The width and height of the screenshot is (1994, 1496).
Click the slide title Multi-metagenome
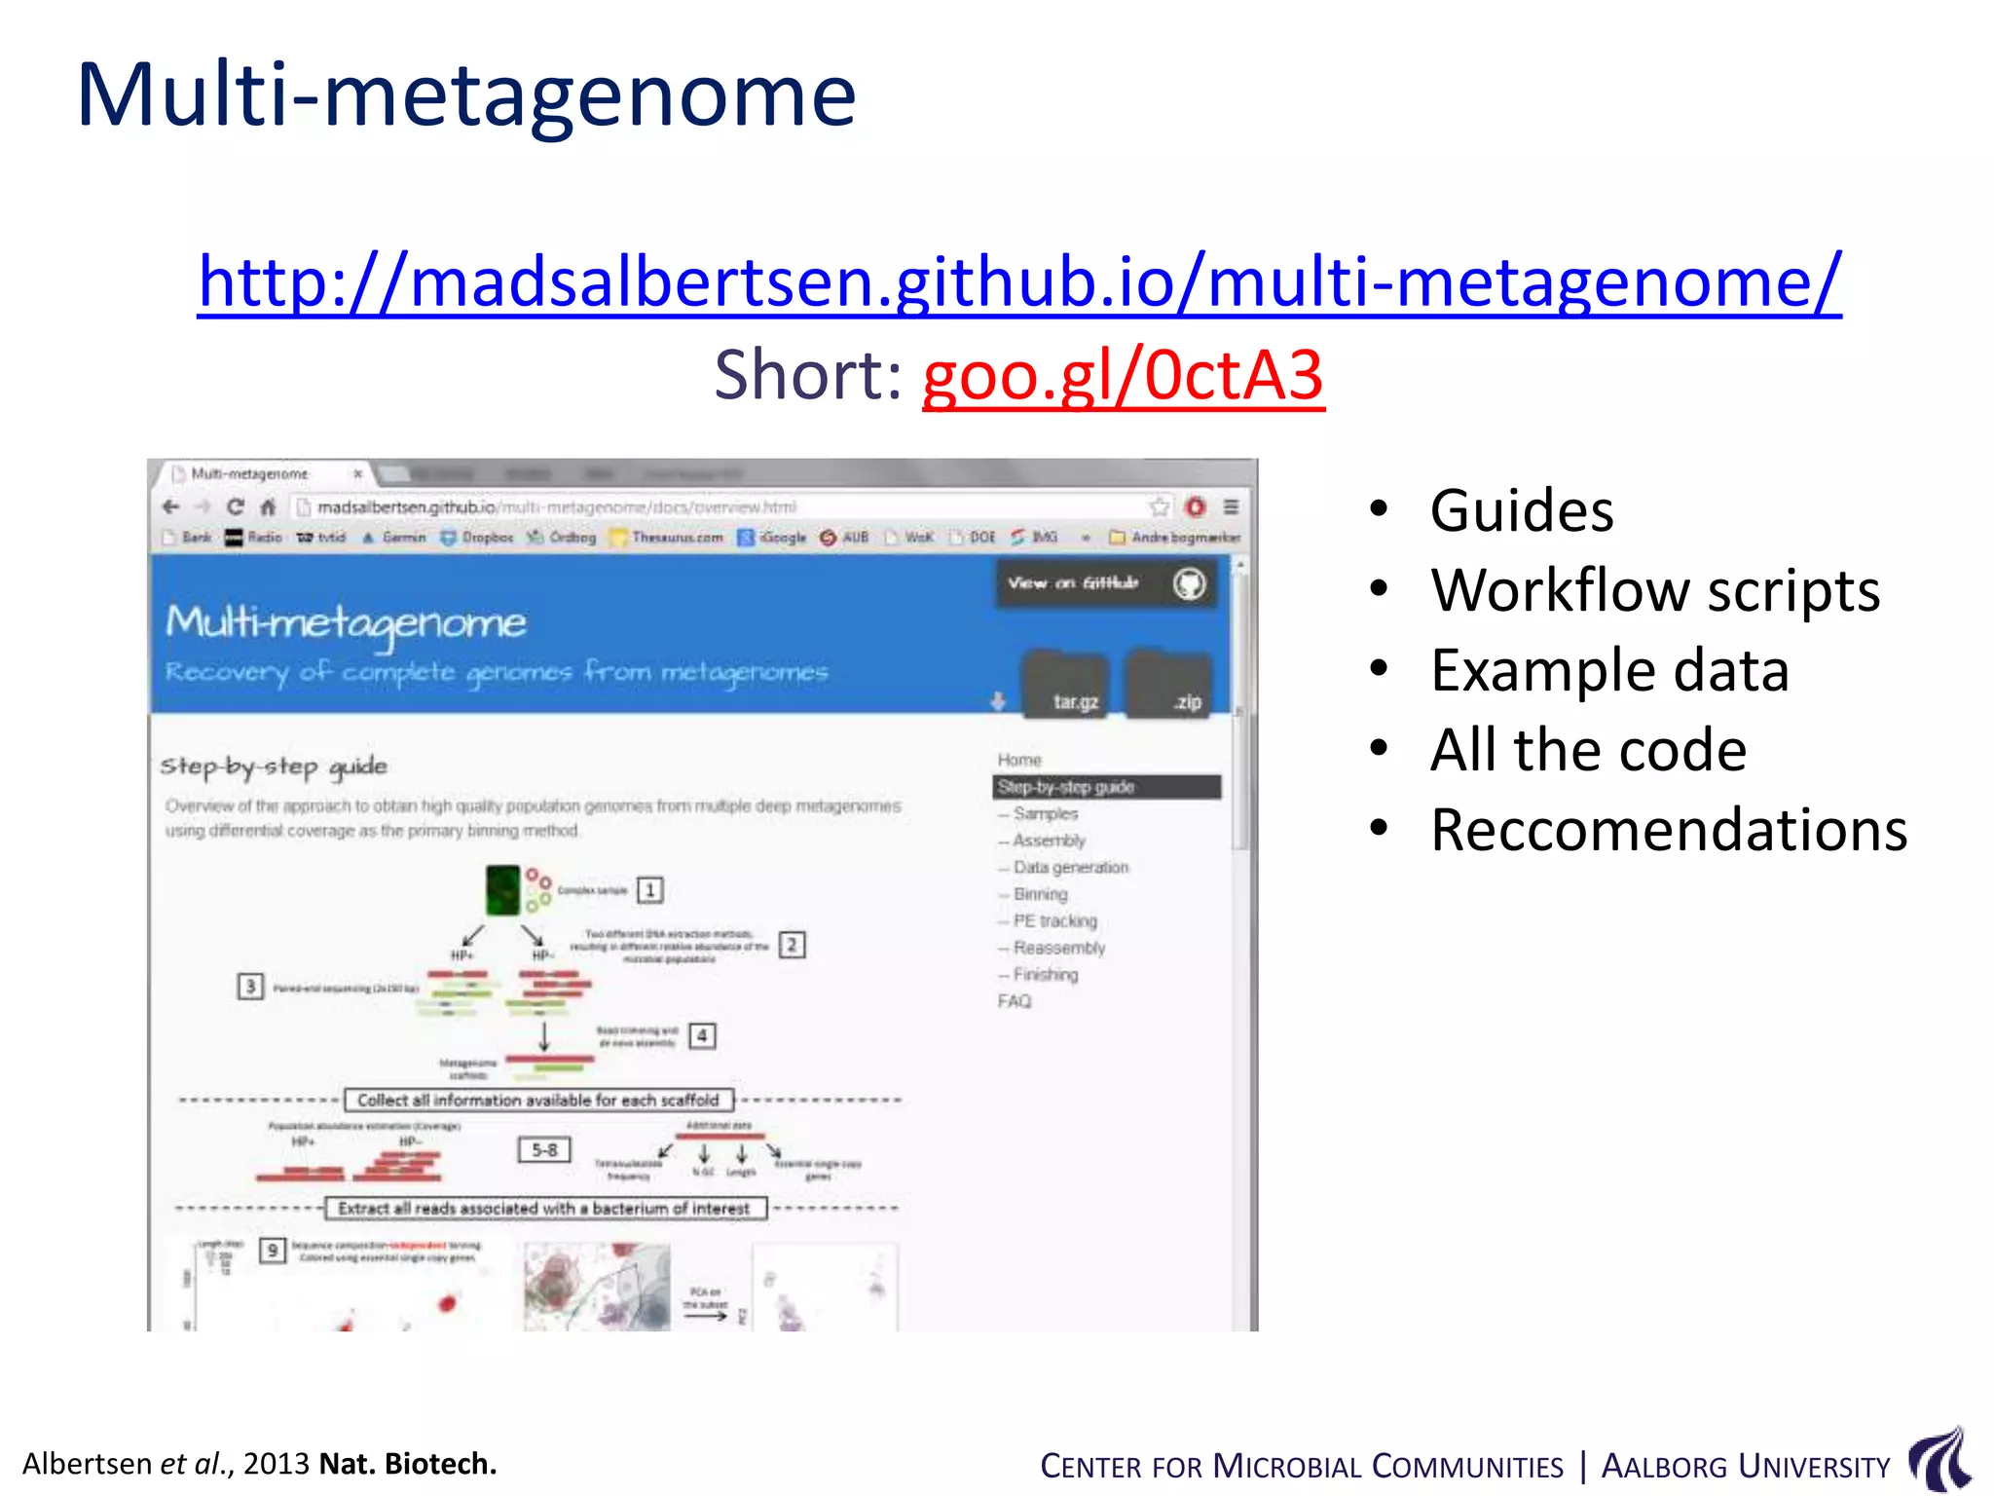click(x=465, y=95)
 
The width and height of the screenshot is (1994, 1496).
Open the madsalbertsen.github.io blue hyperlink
click(x=1018, y=281)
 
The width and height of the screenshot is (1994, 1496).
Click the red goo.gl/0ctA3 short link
click(x=1123, y=376)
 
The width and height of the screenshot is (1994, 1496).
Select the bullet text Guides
click(x=1521, y=510)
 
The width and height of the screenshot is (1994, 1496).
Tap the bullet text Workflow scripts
click(x=1654, y=590)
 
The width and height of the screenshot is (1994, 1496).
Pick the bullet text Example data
click(x=1608, y=670)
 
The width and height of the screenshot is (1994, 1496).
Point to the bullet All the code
click(x=1587, y=750)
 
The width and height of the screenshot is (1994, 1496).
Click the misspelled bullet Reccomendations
click(x=1668, y=830)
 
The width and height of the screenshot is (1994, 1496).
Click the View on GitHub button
click(x=1105, y=583)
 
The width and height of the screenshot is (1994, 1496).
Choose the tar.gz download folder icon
click(x=1066, y=686)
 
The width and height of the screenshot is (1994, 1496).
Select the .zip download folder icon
click(x=1169, y=686)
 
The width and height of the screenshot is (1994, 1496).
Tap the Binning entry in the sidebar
click(x=1040, y=894)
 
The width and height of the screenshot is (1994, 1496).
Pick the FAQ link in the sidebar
click(x=1014, y=1001)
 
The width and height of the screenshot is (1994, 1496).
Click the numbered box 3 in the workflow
click(x=250, y=987)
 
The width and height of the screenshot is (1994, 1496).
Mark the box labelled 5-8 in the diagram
click(x=544, y=1150)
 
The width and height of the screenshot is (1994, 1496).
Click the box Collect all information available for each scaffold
click(x=538, y=1100)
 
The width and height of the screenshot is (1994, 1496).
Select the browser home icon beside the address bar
click(x=269, y=506)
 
